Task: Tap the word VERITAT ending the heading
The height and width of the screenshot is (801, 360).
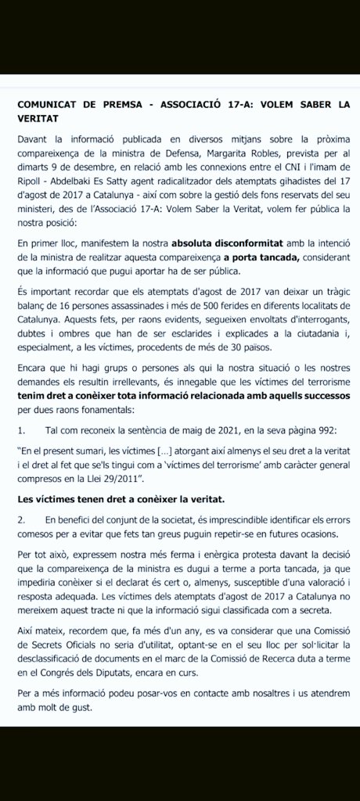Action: point(40,117)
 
